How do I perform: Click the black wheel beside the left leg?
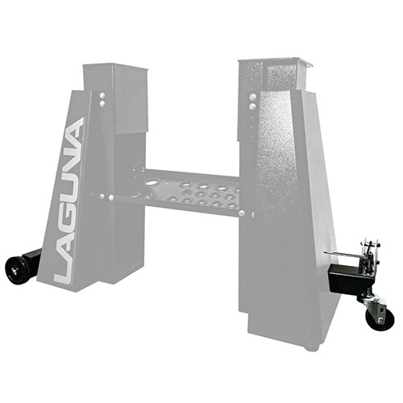pyautogui.click(x=15, y=269)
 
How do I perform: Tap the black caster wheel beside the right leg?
pyautogui.click(x=380, y=317)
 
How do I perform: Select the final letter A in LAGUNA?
pyautogui.click(x=76, y=131)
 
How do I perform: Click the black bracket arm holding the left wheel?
pyautogui.click(x=31, y=260)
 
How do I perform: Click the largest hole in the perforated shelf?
pyautogui.click(x=148, y=181)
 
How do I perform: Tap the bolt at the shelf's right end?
pyautogui.click(x=251, y=213)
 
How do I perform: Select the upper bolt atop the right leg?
pyautogui.click(x=252, y=95)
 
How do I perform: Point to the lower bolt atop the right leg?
pyautogui.click(x=252, y=106)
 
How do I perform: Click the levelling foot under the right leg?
pyautogui.click(x=310, y=347)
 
